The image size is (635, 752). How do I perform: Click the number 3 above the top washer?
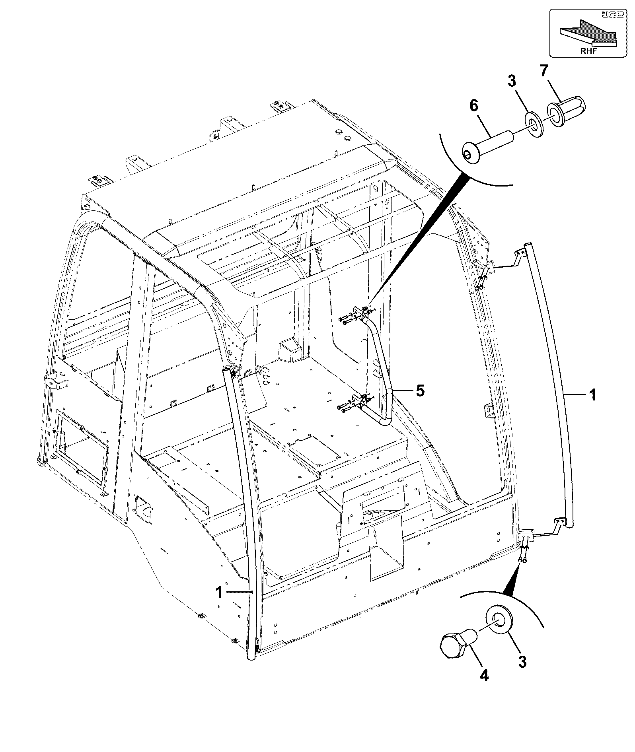512,81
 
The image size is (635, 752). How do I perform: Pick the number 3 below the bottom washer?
522,662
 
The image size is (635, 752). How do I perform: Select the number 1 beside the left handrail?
219,592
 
